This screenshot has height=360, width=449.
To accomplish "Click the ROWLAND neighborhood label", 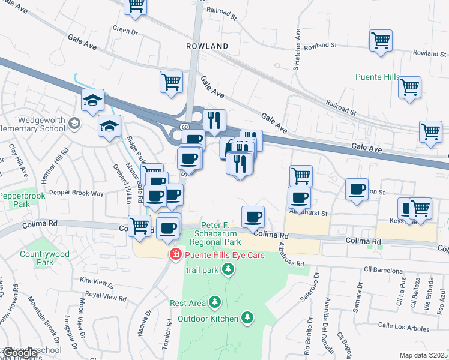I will [206, 46].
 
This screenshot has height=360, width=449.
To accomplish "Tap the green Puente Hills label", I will [381, 77].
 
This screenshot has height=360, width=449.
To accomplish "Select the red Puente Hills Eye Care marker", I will [175, 255].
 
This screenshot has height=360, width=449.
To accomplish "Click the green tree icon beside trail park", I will [228, 271].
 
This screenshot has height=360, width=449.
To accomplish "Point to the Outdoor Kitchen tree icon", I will [247, 317].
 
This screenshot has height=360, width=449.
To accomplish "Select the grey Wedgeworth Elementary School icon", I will [74, 124].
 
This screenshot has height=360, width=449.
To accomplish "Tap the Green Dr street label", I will [125, 28].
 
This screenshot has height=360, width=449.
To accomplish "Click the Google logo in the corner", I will [19, 353].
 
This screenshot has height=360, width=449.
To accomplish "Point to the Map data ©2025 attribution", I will [424, 355].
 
